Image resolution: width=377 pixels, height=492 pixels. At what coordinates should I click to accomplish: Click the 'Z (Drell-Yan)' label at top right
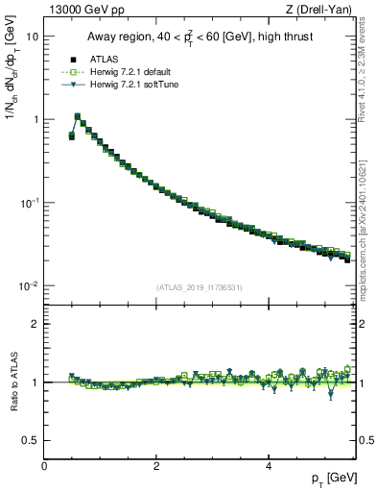[322, 11]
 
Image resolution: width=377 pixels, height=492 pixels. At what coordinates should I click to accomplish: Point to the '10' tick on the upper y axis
[33, 36]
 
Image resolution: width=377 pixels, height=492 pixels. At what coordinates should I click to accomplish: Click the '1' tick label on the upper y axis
[35, 119]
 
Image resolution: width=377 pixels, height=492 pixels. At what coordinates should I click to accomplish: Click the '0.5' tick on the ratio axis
[31, 440]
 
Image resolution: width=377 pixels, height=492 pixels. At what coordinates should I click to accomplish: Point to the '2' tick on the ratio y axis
[35, 324]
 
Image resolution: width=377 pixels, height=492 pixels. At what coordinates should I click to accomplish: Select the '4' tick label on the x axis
[268, 466]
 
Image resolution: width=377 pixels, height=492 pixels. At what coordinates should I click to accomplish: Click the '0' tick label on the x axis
[44, 466]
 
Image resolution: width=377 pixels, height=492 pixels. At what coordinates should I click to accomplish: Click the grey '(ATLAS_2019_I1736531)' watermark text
[199, 287]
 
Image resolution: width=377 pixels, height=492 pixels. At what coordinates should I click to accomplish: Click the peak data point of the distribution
[78, 116]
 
